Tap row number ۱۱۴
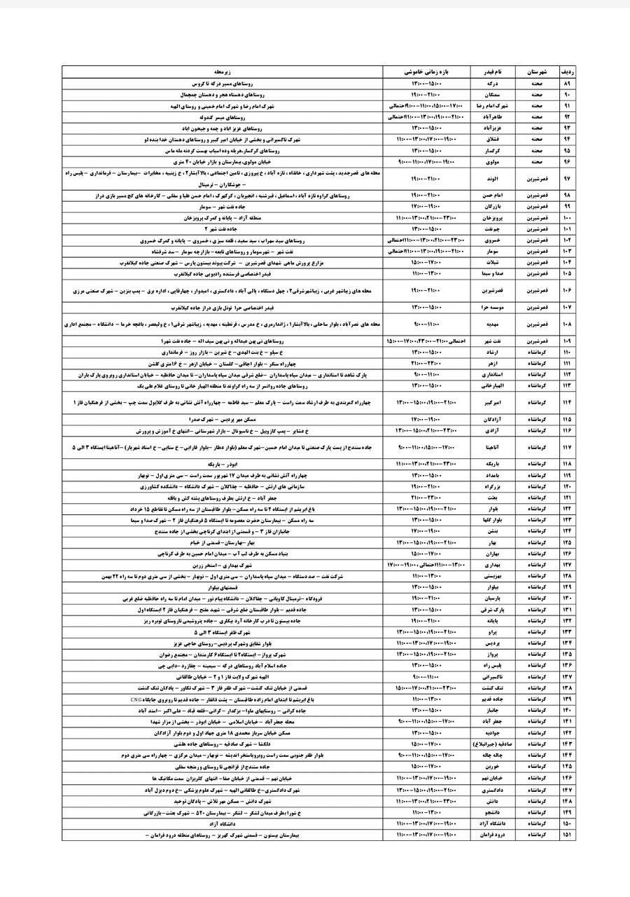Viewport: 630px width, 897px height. point(568,403)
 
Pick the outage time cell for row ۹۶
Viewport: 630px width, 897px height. point(423,162)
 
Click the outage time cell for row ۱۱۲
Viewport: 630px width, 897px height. point(423,376)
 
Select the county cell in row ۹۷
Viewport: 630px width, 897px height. point(537,179)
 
